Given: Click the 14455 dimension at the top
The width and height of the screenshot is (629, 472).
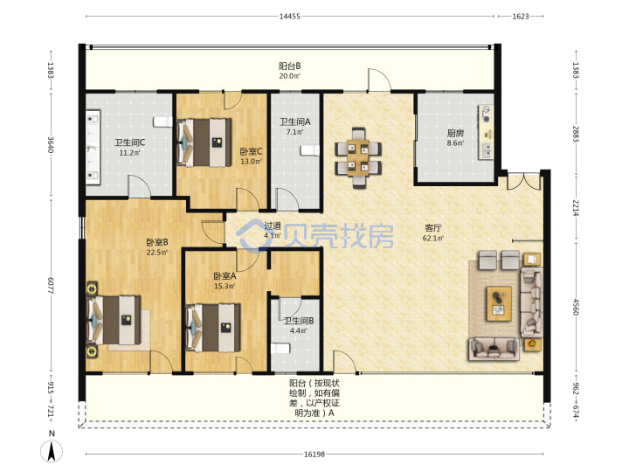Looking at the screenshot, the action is pyautogui.click(x=290, y=17).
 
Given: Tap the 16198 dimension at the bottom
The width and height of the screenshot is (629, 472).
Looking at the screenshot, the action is pyautogui.click(x=314, y=455).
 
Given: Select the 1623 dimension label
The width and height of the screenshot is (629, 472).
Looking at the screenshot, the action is pyautogui.click(x=521, y=17).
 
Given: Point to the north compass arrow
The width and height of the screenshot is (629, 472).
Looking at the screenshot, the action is pyautogui.click(x=52, y=451).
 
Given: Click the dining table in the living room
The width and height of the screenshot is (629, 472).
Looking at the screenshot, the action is pyautogui.click(x=358, y=157).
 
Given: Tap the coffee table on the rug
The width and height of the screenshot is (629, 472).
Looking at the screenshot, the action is pyautogui.click(x=499, y=303).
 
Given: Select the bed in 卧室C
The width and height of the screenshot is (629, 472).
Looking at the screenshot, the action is pyautogui.click(x=204, y=142).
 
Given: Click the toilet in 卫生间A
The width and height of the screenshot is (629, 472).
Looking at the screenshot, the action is pyautogui.click(x=309, y=150).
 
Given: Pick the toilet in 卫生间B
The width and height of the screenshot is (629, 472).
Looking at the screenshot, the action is pyautogui.click(x=280, y=348).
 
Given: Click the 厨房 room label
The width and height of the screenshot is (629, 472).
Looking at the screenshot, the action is pyautogui.click(x=455, y=133).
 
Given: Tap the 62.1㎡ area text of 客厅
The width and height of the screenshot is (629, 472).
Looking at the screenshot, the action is pyautogui.click(x=433, y=238).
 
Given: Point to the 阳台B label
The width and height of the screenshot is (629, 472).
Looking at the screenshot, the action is pyautogui.click(x=290, y=66).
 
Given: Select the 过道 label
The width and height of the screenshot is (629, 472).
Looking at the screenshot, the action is pyautogui.click(x=273, y=226).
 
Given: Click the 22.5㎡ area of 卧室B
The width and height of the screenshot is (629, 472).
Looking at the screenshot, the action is pyautogui.click(x=157, y=252).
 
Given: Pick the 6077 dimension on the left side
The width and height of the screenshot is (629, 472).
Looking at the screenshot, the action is pyautogui.click(x=51, y=285).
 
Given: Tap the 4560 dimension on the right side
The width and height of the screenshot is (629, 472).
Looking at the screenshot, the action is pyautogui.click(x=576, y=307).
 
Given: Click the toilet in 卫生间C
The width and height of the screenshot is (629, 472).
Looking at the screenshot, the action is pyautogui.click(x=162, y=121).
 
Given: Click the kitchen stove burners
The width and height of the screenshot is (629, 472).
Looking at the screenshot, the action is pyautogui.click(x=487, y=115).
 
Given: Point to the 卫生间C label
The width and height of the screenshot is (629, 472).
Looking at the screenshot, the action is pyautogui.click(x=129, y=142).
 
